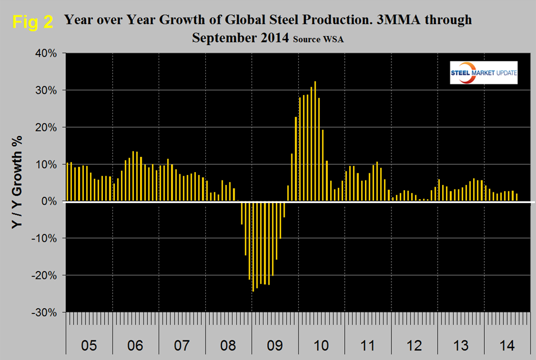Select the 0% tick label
(49, 201)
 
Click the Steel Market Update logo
(484, 73)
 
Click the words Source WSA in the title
(317, 40)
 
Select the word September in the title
(222, 38)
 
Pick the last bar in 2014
(516, 197)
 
